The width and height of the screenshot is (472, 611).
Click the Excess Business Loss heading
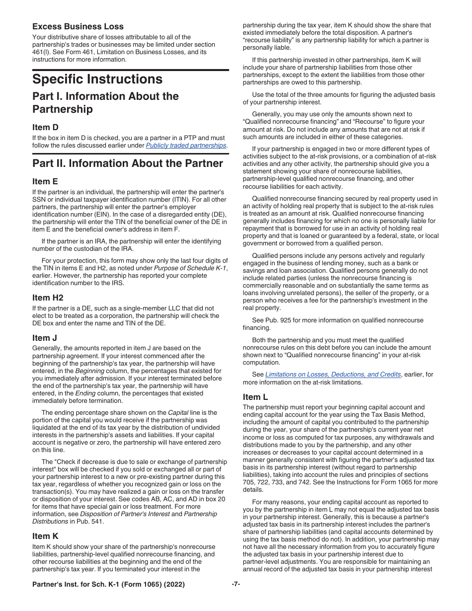(x=78, y=27)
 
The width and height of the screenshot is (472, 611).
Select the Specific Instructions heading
(x=97, y=79)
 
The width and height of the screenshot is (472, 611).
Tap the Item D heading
(x=45, y=128)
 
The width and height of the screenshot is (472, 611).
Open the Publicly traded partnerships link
(x=186, y=146)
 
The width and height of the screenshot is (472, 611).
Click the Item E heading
(x=45, y=181)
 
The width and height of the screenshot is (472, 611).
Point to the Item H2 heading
(x=48, y=298)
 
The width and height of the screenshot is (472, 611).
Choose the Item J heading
(x=45, y=338)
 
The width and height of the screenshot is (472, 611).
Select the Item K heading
(x=45, y=536)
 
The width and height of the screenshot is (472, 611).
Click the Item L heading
(x=255, y=397)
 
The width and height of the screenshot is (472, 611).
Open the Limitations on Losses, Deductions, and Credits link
(x=333, y=375)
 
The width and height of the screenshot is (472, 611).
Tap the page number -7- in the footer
(x=236, y=585)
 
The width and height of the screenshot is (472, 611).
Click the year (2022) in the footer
(x=175, y=585)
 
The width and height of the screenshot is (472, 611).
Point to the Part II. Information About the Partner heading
(x=128, y=163)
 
